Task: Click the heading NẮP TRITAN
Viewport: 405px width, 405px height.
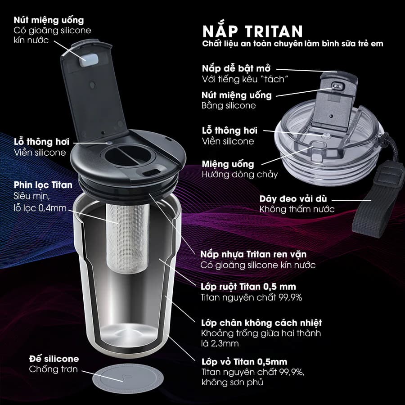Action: coord(252,31)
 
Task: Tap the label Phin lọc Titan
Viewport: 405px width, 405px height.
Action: coord(43,185)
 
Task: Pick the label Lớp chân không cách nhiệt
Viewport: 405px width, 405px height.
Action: coord(261,323)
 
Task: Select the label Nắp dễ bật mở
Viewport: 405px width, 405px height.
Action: coord(232,69)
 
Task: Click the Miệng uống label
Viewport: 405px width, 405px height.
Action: coord(228,164)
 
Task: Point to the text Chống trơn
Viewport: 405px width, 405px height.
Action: coord(53,369)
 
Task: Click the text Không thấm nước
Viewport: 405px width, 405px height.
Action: coord(297,209)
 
